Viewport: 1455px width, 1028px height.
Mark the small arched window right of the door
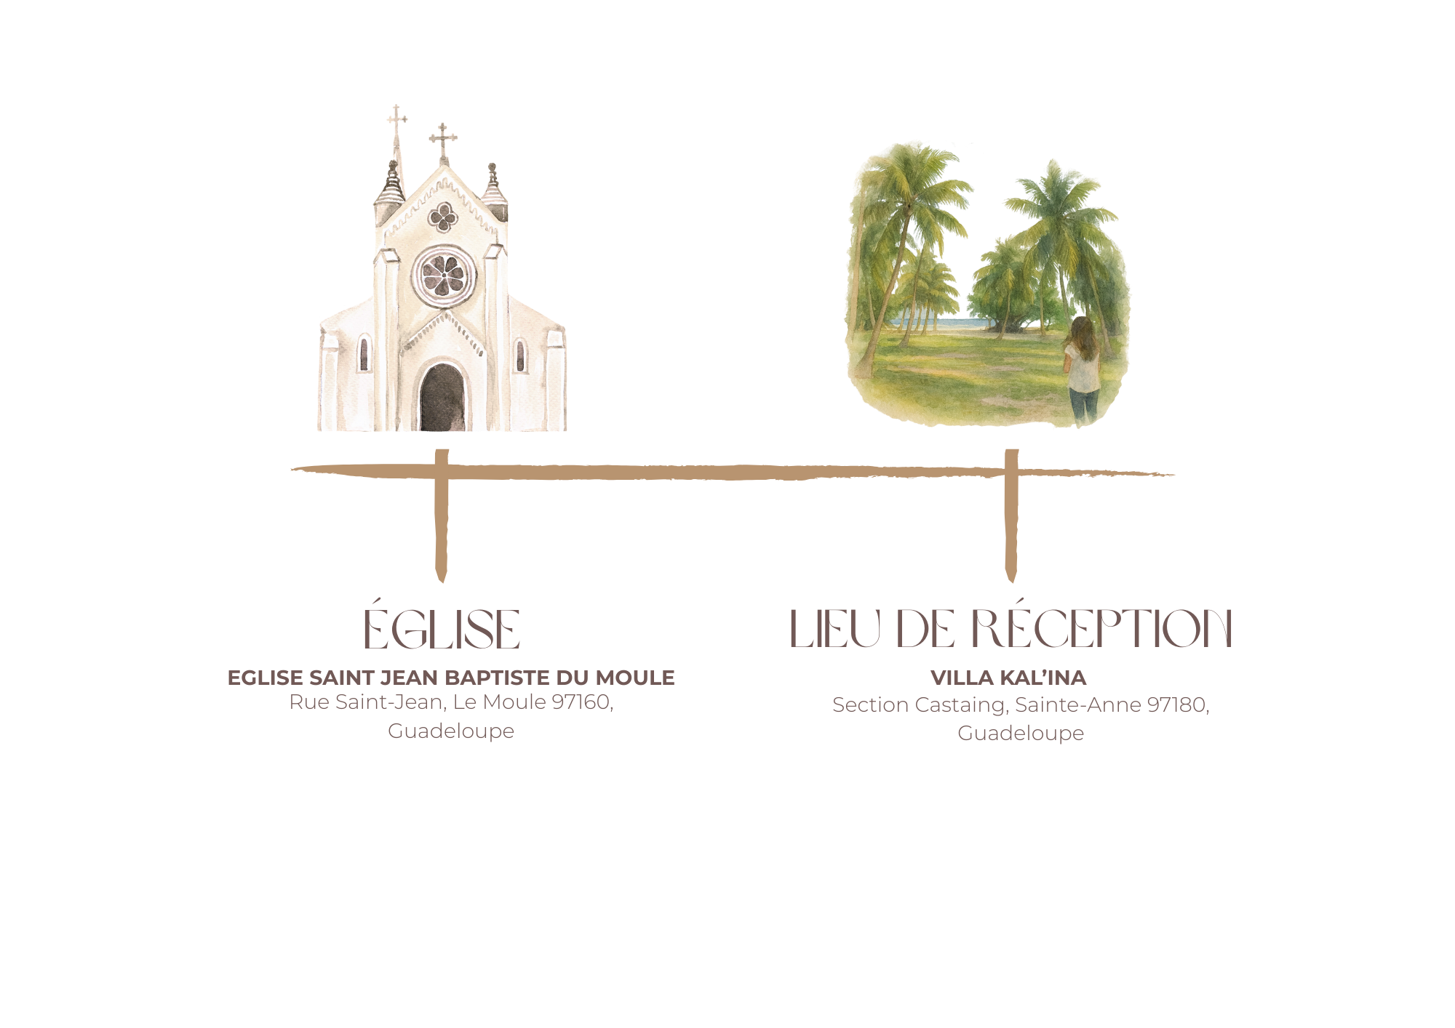[519, 353]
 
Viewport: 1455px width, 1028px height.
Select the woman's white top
[1078, 367]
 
